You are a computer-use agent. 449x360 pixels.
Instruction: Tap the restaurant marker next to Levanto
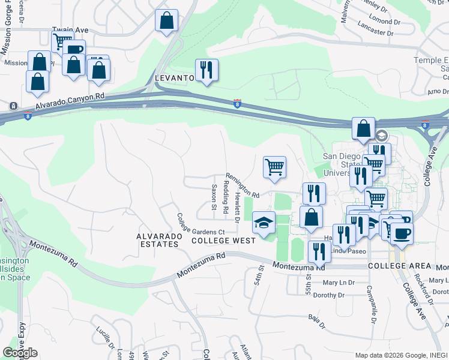coord(206,70)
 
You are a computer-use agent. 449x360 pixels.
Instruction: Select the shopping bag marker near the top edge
coord(166,20)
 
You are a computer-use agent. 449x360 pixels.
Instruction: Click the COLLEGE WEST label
coord(223,240)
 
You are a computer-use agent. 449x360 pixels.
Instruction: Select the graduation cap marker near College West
coord(263,223)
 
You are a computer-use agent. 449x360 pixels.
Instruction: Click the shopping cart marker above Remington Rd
coord(274,167)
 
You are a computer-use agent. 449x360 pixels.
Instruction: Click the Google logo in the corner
coord(20,353)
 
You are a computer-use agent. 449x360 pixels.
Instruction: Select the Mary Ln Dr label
coord(339,283)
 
